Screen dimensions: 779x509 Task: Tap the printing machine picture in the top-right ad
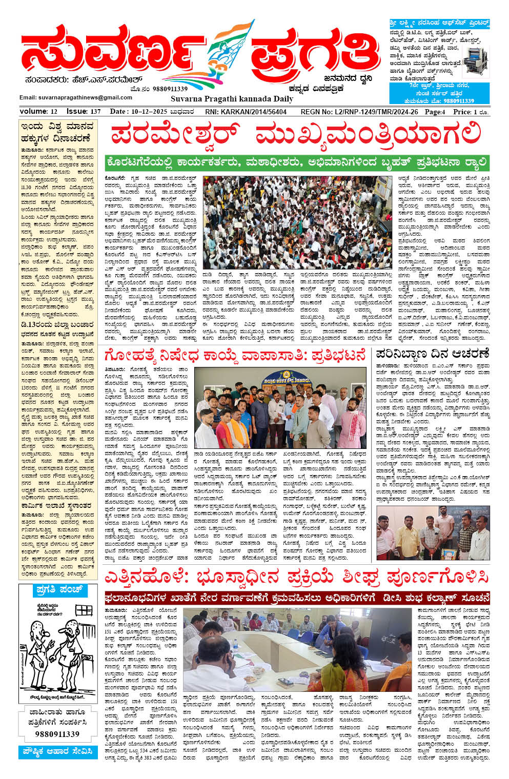click(x=475, y=61)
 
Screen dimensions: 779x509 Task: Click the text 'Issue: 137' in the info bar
click(x=84, y=112)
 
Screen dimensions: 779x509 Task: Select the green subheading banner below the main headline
click(x=297, y=163)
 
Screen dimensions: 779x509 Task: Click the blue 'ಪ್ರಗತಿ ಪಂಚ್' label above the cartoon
click(x=59, y=590)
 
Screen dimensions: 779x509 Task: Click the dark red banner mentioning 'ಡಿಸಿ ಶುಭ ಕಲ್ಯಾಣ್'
click(x=297, y=598)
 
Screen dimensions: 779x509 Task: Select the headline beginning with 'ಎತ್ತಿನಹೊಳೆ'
click(x=297, y=577)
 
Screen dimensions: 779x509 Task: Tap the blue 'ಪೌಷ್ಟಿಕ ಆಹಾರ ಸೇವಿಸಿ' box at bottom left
click(x=57, y=752)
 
